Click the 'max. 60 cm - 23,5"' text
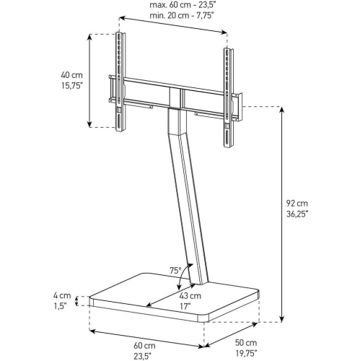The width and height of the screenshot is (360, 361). pos(172,6)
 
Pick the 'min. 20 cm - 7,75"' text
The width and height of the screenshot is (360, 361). pos(172,17)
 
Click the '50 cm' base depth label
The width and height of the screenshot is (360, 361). pos(246,342)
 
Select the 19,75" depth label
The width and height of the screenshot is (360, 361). pos(246,354)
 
